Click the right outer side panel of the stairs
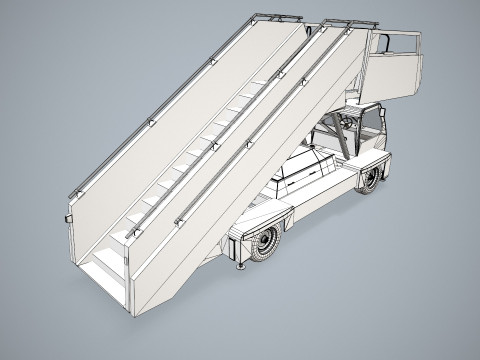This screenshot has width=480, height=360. (250, 180)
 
